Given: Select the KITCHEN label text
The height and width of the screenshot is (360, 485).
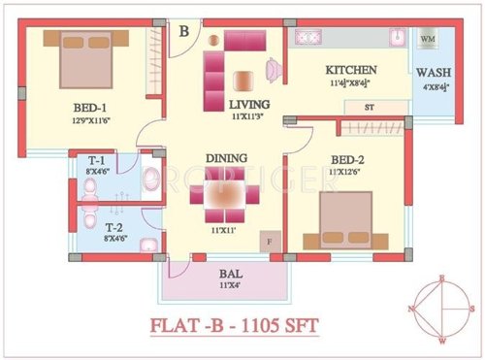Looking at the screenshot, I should [x=350, y=71].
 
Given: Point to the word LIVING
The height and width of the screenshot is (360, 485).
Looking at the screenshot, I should [x=249, y=103].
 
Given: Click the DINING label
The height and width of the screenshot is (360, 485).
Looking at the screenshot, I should [x=225, y=157].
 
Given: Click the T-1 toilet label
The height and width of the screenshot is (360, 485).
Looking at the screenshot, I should [x=97, y=161].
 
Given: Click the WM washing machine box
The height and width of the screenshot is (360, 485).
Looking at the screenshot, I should [x=428, y=40].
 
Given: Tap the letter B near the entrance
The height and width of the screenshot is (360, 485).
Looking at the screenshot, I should [x=183, y=31].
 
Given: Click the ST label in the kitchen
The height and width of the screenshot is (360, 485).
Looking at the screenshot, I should [x=370, y=106].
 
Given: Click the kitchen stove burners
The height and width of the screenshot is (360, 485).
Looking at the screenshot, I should [x=309, y=37].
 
